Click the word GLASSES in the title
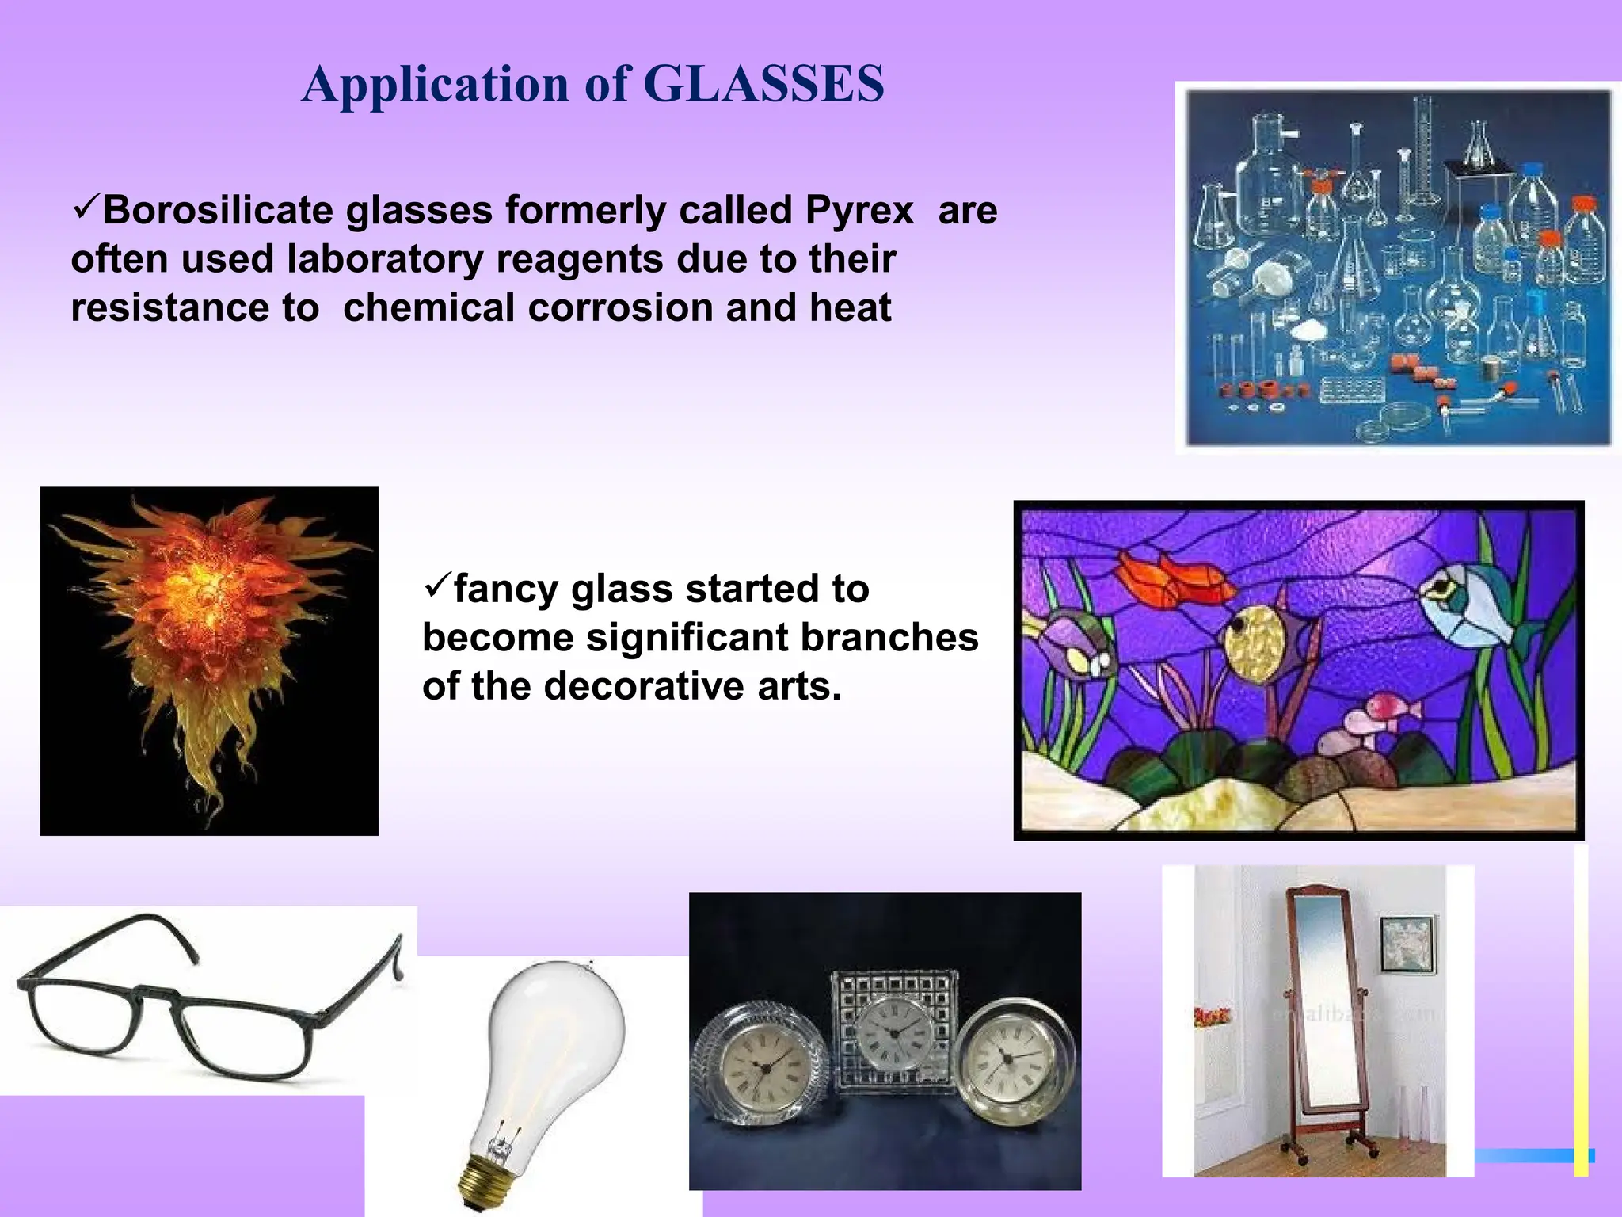(x=763, y=84)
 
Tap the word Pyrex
(x=859, y=211)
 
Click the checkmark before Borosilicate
(x=85, y=208)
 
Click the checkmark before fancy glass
(x=436, y=587)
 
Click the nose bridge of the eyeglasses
(x=157, y=994)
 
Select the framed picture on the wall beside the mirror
(x=1408, y=944)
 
